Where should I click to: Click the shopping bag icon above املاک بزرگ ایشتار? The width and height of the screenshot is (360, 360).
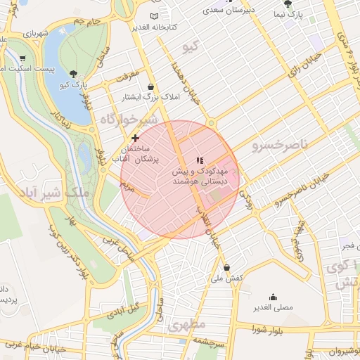pyautogui.click(x=150, y=86)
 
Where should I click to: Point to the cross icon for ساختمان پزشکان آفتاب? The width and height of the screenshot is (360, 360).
pyautogui.click(x=135, y=139)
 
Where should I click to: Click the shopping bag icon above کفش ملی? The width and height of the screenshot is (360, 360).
pyautogui.click(x=226, y=267)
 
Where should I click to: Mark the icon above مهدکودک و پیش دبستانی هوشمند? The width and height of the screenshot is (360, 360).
pyautogui.click(x=199, y=160)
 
